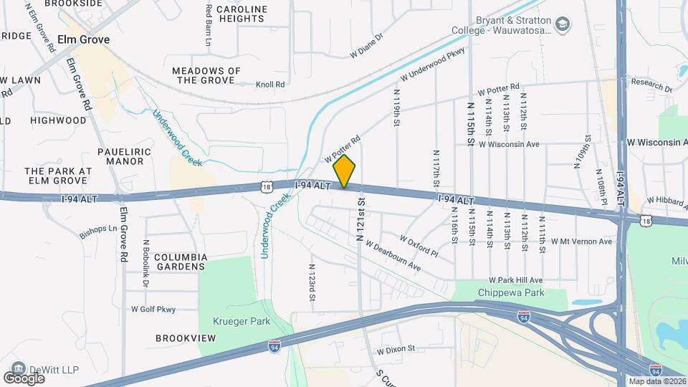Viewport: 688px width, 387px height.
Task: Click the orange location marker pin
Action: tap(345, 171)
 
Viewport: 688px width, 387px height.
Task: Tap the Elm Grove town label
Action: tap(84, 40)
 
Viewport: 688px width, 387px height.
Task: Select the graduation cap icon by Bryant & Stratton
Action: tap(563, 24)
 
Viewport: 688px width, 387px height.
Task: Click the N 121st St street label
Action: tap(360, 217)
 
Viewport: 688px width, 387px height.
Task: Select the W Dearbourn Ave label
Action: tap(392, 255)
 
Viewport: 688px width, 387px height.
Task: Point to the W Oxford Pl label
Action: tap(419, 245)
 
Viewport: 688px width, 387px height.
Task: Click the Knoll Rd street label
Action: tap(271, 84)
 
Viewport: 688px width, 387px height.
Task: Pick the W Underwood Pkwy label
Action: tap(433, 64)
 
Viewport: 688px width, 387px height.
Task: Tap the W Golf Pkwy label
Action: tap(153, 310)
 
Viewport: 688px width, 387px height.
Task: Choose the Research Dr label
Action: tap(651, 86)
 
